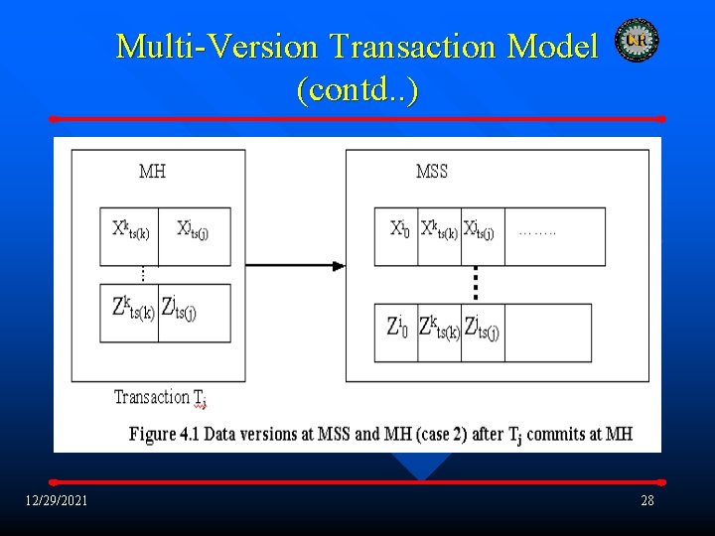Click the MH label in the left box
click(152, 172)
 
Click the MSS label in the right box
click(432, 172)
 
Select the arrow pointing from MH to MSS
click(295, 265)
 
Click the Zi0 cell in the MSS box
click(397, 328)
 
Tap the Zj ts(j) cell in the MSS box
click(483, 328)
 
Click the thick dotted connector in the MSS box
click(476, 283)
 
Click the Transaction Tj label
click(160, 398)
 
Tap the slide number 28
click(647, 500)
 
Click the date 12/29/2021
click(57, 500)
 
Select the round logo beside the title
click(637, 40)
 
